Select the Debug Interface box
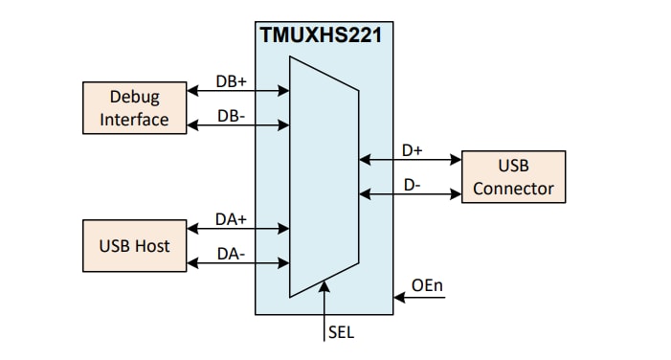(133, 108)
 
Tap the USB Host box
(133, 245)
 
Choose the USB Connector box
(513, 176)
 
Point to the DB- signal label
(231, 115)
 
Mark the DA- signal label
(231, 253)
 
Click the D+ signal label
(412, 150)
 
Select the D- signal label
(412, 184)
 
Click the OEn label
(426, 284)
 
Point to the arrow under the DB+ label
(238, 92)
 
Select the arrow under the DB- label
(238, 125)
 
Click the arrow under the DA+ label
(238, 229)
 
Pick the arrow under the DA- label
(238, 262)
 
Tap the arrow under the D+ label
(410, 161)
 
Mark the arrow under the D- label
(410, 194)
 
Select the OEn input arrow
(422, 298)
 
